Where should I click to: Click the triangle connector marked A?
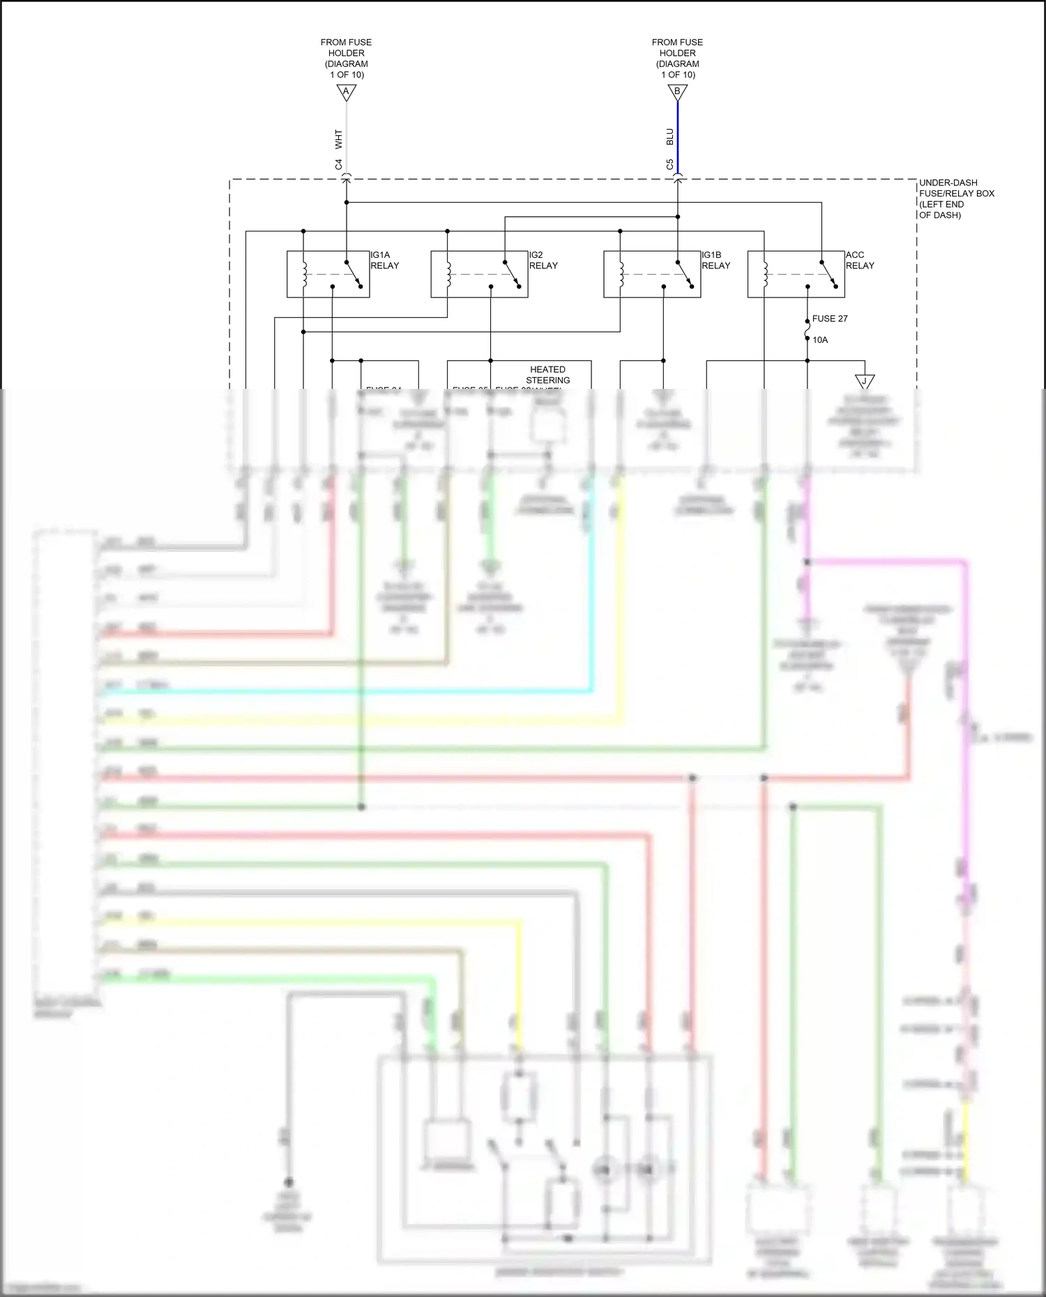click(346, 92)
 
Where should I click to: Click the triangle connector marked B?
click(677, 92)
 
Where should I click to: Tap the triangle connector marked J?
click(865, 382)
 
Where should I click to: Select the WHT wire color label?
click(339, 139)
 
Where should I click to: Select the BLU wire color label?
click(670, 137)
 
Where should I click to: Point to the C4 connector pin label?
click(339, 165)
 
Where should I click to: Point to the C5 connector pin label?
click(670, 165)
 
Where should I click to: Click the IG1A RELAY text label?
click(384, 260)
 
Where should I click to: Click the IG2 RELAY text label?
click(543, 260)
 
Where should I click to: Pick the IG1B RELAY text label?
click(715, 260)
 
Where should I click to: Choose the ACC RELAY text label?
click(859, 260)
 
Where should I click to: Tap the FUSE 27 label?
click(830, 319)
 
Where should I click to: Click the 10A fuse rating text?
click(820, 340)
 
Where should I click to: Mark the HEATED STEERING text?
click(547, 375)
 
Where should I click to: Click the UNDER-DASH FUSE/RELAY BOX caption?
click(956, 199)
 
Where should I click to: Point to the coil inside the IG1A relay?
click(303, 274)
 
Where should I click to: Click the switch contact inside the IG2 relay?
click(512, 273)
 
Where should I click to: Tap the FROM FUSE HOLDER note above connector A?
click(346, 58)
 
